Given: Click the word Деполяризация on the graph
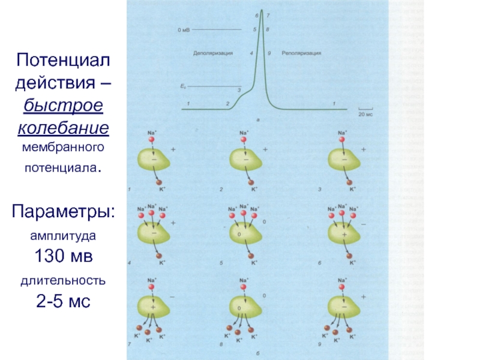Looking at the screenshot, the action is pyautogui.click(x=213, y=53).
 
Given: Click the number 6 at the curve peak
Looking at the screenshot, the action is pyautogui.click(x=257, y=15).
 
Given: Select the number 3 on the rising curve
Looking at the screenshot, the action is pyautogui.click(x=239, y=90).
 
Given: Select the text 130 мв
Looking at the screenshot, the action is pyautogui.click(x=63, y=257).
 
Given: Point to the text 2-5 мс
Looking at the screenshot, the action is pyautogui.click(x=63, y=301).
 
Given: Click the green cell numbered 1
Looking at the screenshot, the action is pyautogui.click(x=154, y=160).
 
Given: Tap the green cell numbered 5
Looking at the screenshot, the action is pyautogui.click(x=245, y=232).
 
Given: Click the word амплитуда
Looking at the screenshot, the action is pyautogui.click(x=63, y=236).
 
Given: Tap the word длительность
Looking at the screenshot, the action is pyautogui.click(x=63, y=280).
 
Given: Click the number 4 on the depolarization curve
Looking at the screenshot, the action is pyautogui.click(x=251, y=53).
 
